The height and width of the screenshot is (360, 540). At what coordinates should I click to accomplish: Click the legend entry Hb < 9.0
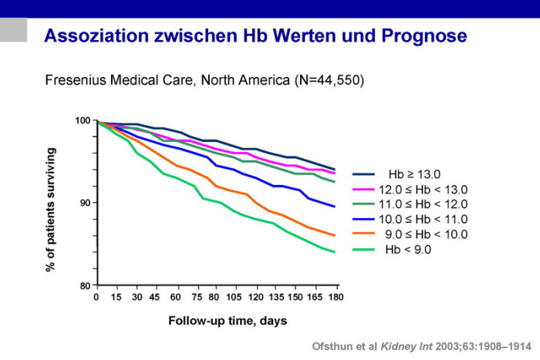(x=414, y=249)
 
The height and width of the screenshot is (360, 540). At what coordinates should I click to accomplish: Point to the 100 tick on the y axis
(x=83, y=121)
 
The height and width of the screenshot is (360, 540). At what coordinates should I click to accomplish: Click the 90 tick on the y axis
(x=86, y=204)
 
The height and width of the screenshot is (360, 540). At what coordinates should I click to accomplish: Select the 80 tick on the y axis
(x=86, y=285)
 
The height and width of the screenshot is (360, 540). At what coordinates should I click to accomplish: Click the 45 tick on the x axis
(x=155, y=296)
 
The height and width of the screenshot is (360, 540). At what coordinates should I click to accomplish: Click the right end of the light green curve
(x=334, y=251)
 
